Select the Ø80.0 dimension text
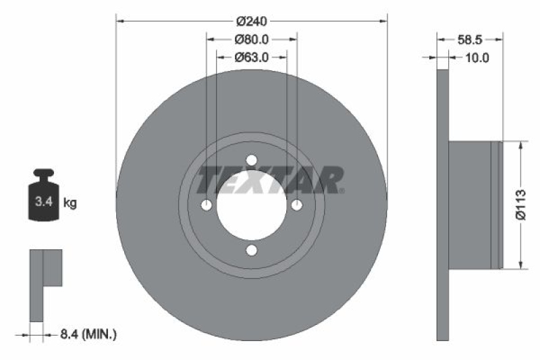coord(252,40)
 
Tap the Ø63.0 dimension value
coord(252,57)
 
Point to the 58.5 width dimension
coord(470,40)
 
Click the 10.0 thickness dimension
coord(477,58)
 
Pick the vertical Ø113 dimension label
coord(520,204)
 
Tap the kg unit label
coord(70,202)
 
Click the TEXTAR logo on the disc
coord(270,180)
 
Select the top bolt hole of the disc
coord(252,160)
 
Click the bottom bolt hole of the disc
coord(252,251)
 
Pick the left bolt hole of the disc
coord(207,205)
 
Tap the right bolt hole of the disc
coord(296,205)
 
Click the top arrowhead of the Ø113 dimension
coord(520,145)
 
